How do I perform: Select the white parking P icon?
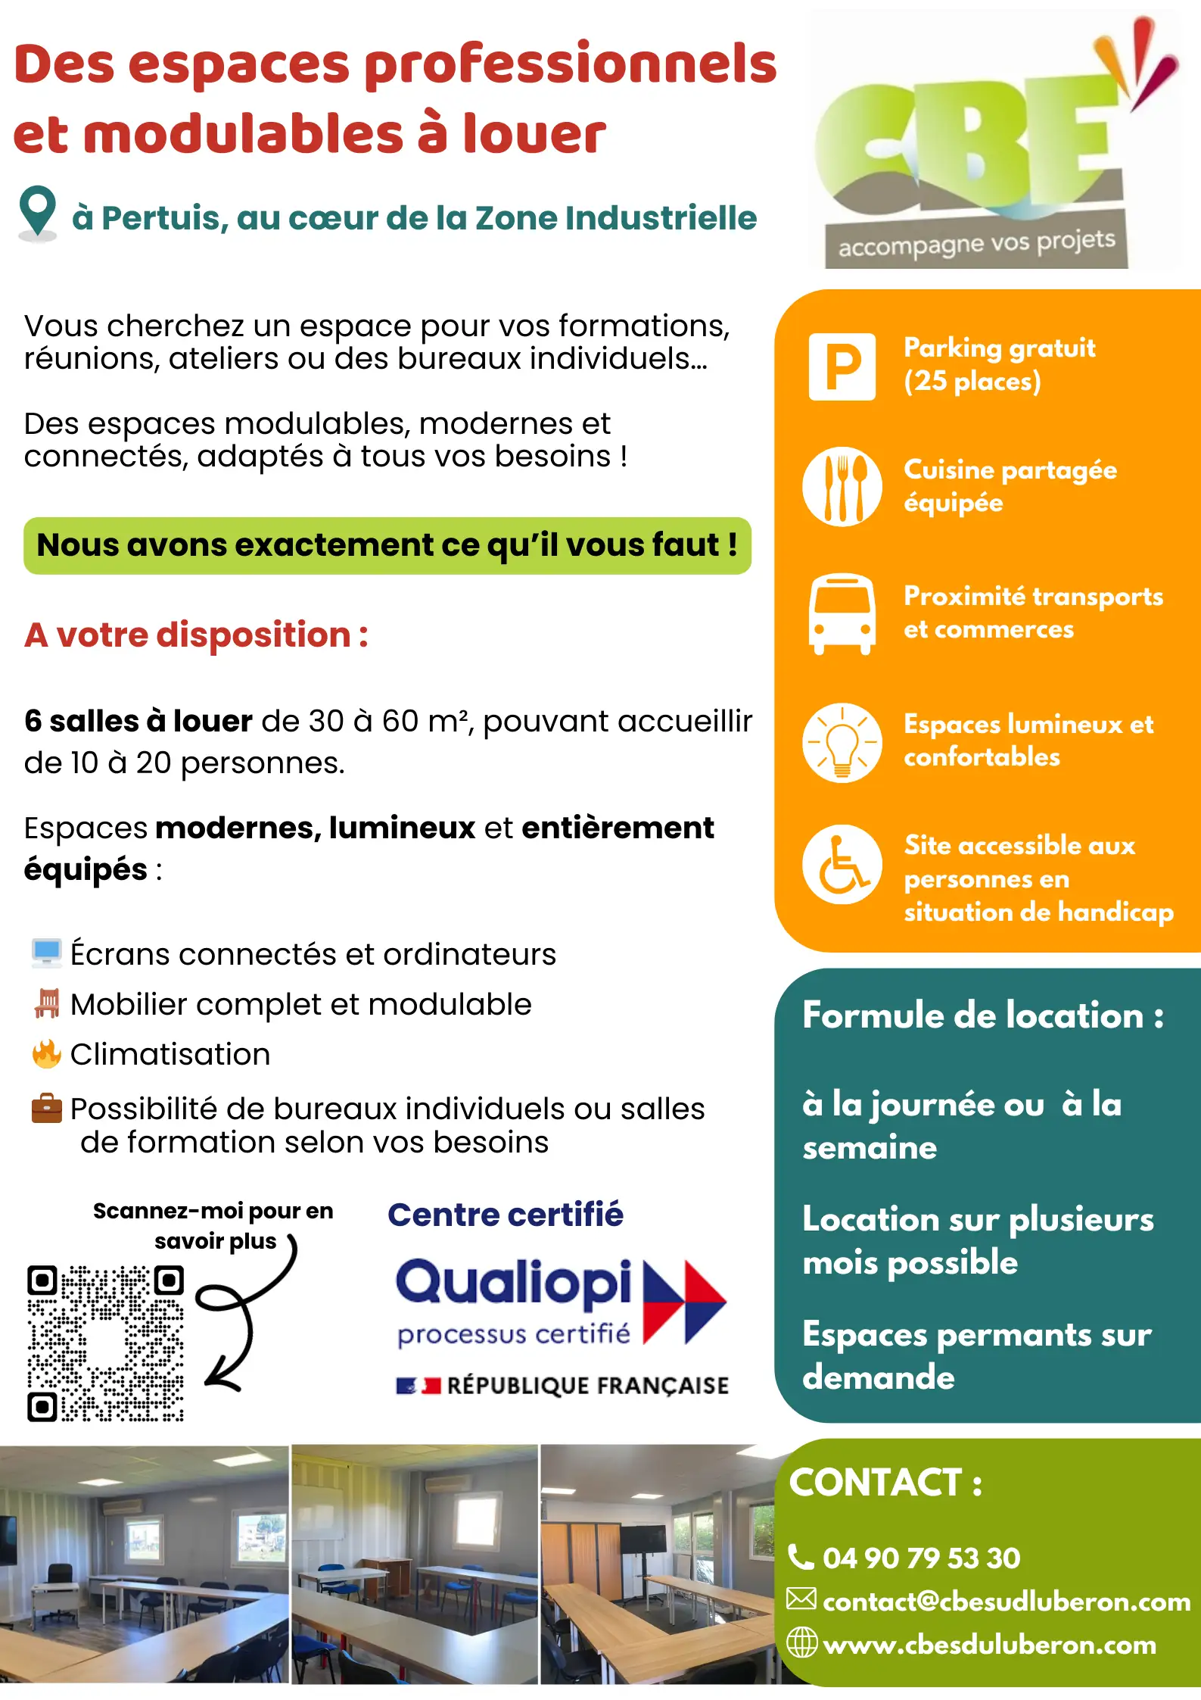click(842, 367)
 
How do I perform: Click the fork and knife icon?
click(842, 486)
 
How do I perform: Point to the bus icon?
click(842, 613)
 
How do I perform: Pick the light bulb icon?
click(842, 742)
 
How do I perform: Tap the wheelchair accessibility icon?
click(842, 864)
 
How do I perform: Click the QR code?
click(105, 1343)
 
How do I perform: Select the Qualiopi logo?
click(560, 1302)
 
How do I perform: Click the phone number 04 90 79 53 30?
click(921, 1558)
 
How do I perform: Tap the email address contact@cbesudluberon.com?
click(1006, 1601)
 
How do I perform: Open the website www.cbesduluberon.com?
click(989, 1644)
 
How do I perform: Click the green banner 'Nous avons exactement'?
click(387, 545)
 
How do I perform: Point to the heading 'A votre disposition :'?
click(196, 635)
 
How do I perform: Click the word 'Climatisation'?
click(170, 1054)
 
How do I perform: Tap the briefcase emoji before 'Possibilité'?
click(46, 1109)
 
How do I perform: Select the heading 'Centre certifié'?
click(505, 1215)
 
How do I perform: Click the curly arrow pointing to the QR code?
click(242, 1314)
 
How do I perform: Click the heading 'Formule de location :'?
click(982, 1015)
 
